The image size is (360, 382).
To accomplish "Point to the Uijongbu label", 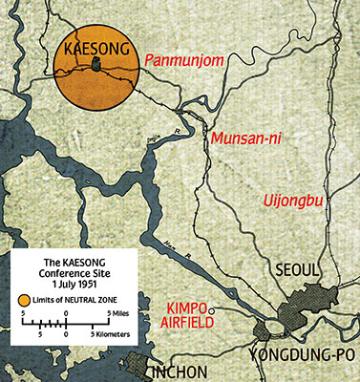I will [293, 201].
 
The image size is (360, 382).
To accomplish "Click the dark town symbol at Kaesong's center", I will [95, 65].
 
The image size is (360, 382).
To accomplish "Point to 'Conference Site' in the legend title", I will [73, 272].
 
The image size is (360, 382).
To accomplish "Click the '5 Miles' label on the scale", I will [117, 313].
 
